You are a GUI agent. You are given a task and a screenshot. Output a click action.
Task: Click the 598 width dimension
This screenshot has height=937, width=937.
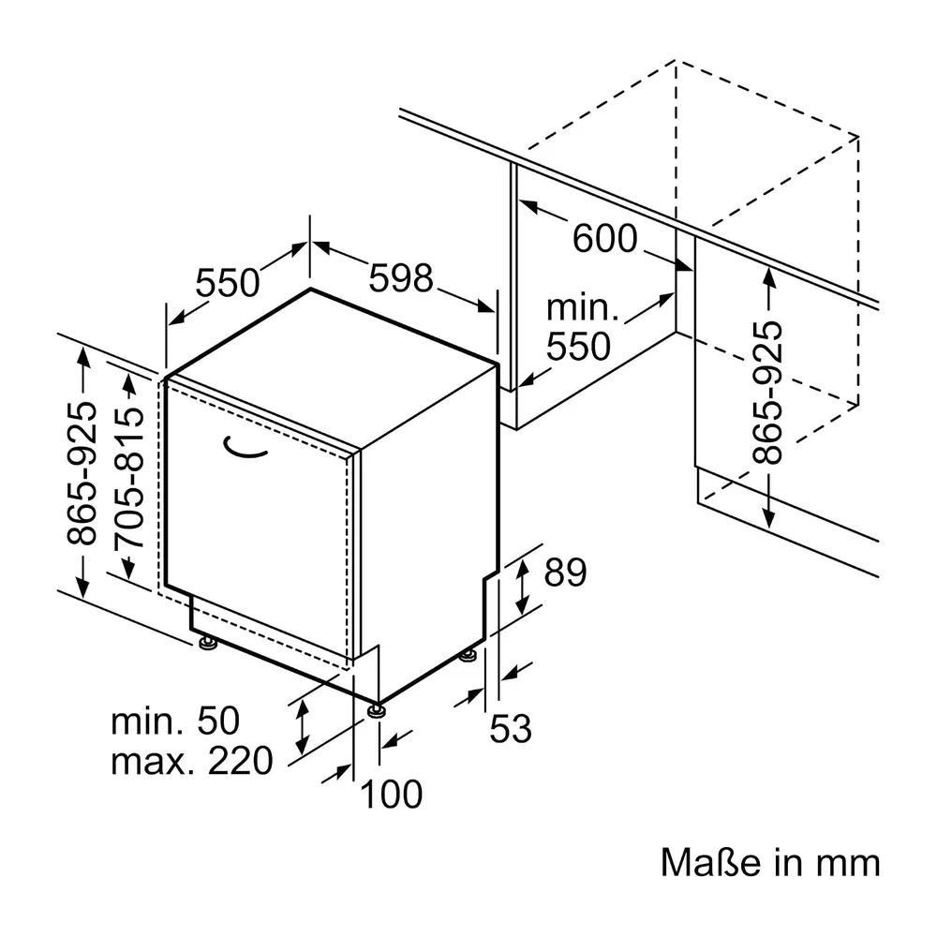pos(400,278)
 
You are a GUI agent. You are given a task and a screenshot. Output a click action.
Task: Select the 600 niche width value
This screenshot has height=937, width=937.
pos(604,238)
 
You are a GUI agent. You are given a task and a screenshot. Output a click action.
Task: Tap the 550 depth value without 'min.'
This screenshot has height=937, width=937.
pos(228,283)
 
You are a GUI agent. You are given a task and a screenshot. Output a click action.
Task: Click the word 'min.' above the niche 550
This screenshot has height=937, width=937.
pos(582,308)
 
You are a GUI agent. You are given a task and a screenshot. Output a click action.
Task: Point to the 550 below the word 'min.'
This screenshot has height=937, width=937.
pos(578,346)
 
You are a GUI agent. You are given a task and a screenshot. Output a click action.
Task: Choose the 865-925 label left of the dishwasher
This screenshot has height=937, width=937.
pos(82,473)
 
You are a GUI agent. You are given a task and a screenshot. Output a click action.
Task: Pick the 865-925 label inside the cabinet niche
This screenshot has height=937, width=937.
pos(766,393)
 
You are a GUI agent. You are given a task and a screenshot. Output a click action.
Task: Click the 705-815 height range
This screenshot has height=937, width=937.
pos(129,478)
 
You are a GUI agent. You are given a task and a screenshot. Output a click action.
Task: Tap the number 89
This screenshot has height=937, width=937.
pos(565,573)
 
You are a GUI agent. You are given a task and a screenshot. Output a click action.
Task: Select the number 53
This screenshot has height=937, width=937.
pos(511,728)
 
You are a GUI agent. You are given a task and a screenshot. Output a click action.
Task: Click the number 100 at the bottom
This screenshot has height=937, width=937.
pos(392,794)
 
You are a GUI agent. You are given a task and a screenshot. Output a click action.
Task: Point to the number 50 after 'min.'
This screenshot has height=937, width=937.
pos(218,721)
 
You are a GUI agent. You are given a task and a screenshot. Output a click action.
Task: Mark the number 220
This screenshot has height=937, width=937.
pos(240,761)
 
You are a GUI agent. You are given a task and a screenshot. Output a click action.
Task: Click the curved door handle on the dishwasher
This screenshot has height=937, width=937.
pos(244,448)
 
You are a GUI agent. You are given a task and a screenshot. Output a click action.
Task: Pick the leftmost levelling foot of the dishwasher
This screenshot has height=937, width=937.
pos(208,643)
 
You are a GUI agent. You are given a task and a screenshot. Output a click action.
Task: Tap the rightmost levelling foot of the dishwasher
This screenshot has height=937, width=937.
pos(468,656)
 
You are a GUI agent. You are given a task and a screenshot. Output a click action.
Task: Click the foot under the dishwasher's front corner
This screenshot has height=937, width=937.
pos(377,710)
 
